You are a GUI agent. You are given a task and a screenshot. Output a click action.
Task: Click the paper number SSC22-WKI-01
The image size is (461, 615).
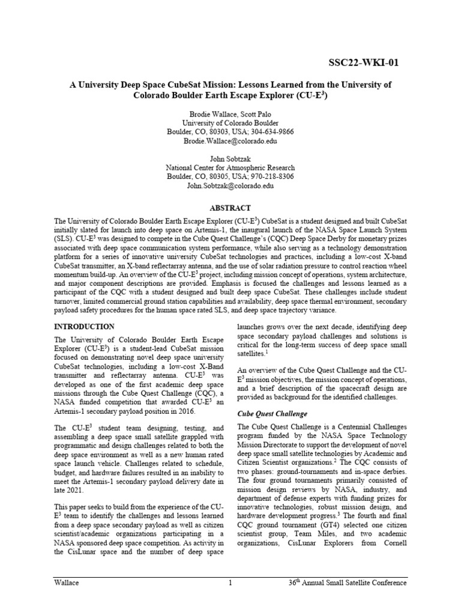coord(363,63)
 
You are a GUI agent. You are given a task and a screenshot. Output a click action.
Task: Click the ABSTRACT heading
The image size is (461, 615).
coord(230,208)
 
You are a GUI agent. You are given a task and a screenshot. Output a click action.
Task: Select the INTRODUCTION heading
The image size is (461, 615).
coord(85,327)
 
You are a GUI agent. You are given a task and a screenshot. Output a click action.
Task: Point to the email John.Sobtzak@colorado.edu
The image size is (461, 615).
coord(230,186)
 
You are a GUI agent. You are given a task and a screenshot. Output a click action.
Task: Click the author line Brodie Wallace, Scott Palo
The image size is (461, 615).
coord(230,114)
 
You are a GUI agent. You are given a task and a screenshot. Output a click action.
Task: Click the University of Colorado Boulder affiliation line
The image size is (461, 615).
coord(230,123)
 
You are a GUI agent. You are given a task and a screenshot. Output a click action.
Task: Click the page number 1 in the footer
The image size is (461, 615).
coord(230,583)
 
